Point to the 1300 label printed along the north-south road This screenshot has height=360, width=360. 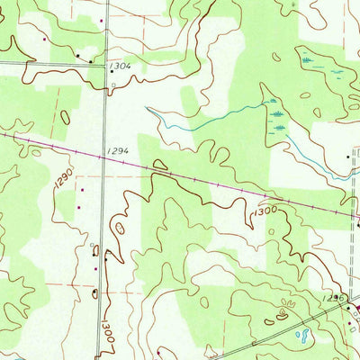pyautogui.click(x=105, y=319)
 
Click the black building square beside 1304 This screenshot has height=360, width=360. pyautogui.click(x=111, y=87)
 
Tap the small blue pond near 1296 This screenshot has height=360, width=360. pyautogui.click(x=302, y=337)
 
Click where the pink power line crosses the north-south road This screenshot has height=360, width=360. pyautogui.click(x=104, y=148)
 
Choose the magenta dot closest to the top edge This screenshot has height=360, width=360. pyautogui.click(x=102, y=20)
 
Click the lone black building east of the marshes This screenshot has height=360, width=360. pyautogui.click(x=349, y=157)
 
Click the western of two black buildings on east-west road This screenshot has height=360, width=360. pyautogui.click(x=77, y=56)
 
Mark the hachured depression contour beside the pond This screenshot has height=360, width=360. pyautogui.click(x=284, y=314)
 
